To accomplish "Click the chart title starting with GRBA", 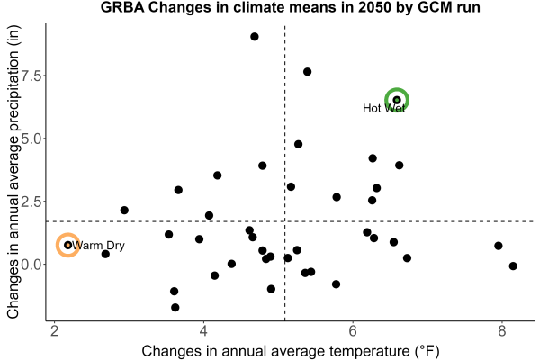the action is tap(291, 7).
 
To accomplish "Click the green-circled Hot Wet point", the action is tap(397, 100).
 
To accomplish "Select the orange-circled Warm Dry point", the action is tap(68, 245).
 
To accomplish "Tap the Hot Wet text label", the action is tap(384, 108).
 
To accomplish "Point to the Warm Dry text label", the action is tap(98, 246).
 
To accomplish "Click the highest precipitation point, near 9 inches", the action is tap(255, 37).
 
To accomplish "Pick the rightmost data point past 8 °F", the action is tap(513, 266).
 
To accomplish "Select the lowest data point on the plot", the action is tap(175, 307).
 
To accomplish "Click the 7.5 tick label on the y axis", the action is tap(31, 76).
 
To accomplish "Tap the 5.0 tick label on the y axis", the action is tap(31, 139).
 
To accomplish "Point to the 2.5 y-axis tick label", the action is tap(31, 202).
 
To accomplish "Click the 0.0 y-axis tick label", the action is tap(31, 265).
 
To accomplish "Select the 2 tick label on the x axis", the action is tap(54, 331).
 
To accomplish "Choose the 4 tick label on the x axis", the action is tap(203, 331).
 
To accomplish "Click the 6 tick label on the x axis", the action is tap(353, 331).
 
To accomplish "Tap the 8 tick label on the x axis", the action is tap(502, 331).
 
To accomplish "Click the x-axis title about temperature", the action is tap(291, 351).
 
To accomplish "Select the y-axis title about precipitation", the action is tap(13, 172).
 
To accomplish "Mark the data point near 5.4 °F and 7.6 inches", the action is tap(308, 72).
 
